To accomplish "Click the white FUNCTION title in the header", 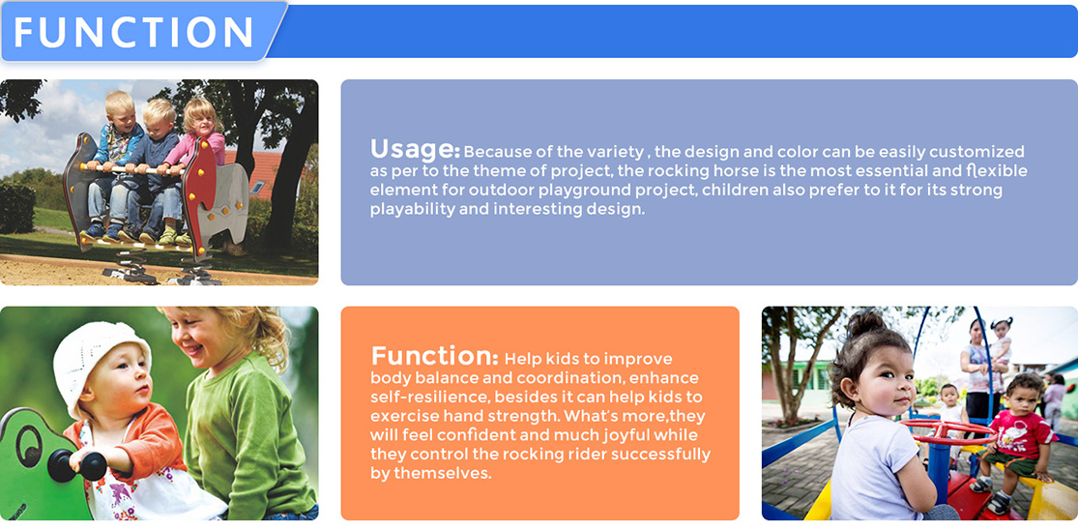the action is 134,32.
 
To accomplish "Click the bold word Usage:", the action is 415,149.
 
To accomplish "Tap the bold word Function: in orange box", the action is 434,356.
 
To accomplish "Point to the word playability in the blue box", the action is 405,210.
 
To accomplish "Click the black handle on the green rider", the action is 76,465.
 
